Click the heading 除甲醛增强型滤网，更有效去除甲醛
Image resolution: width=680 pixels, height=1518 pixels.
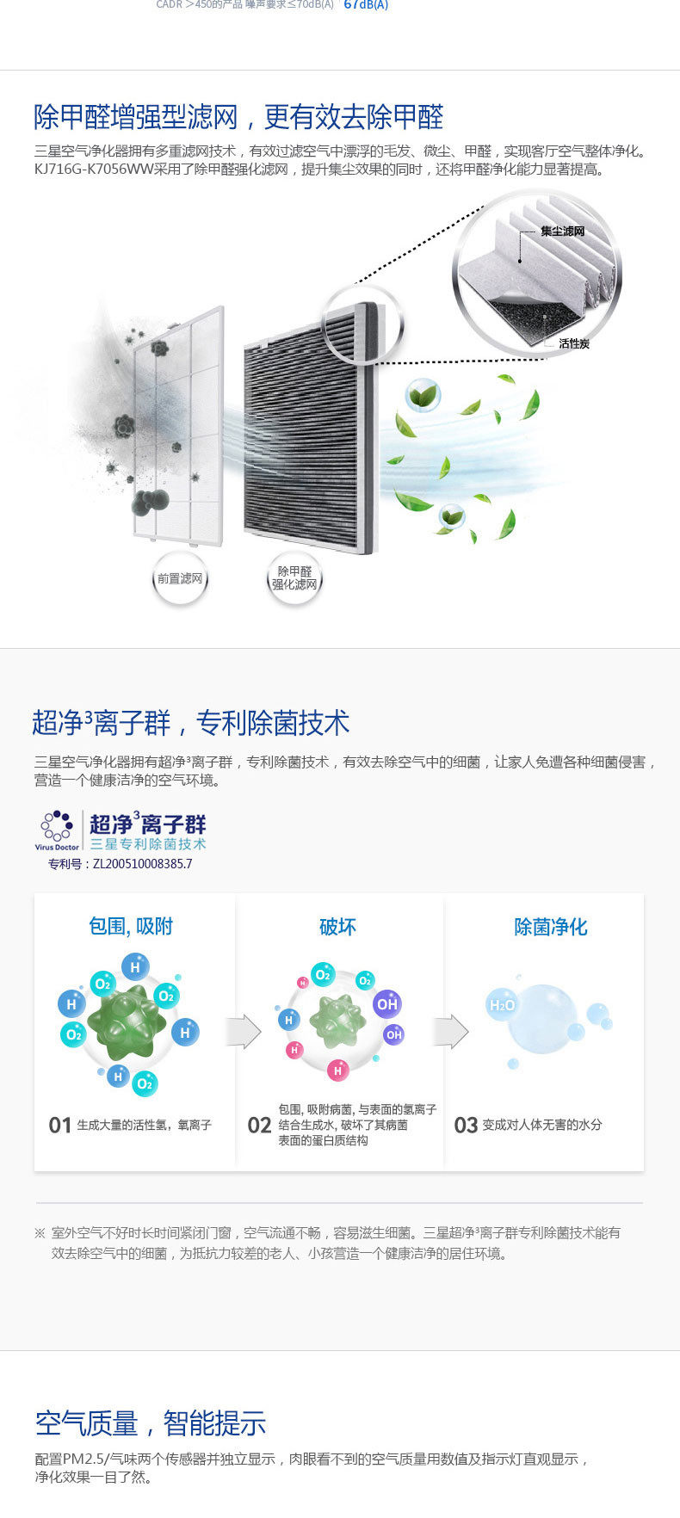[x=238, y=117]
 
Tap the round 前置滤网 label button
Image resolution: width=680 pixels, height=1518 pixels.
[x=180, y=579]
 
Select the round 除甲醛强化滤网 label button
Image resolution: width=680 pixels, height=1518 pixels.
[x=294, y=578]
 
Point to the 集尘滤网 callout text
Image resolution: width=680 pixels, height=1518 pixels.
[x=562, y=231]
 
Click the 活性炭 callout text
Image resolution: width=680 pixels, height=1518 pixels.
[x=573, y=343]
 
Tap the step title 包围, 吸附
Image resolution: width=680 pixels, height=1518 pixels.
[x=131, y=926]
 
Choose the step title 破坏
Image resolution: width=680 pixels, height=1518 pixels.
[x=337, y=927]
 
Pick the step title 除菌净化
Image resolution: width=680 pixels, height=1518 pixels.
[x=550, y=927]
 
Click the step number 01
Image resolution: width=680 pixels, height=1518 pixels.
[x=59, y=1125]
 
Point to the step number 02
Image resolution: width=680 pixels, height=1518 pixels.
[x=259, y=1125]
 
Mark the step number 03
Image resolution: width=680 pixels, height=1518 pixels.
[x=466, y=1125]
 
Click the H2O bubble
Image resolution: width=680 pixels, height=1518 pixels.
[x=502, y=1004]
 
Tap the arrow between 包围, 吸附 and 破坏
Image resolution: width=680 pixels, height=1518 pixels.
[x=244, y=1031]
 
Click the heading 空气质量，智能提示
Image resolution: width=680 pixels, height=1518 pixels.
[x=151, y=1423]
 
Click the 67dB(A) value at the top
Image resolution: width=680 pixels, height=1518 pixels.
[x=366, y=5]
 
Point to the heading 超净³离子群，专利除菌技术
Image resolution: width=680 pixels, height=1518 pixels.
[x=191, y=723]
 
